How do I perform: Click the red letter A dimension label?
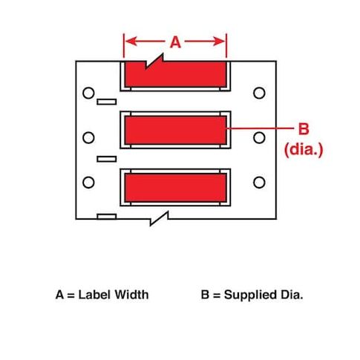[175, 42]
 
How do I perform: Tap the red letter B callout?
[304, 128]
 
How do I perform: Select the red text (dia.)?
[304, 149]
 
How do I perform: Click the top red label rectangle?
[175, 74]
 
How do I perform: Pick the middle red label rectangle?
[175, 130]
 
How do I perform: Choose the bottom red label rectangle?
[175, 188]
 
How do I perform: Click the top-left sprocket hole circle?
[88, 93]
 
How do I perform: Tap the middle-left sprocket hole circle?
[88, 137]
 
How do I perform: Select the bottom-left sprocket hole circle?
[88, 183]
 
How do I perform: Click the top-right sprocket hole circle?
[259, 93]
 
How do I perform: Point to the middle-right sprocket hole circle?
[259, 137]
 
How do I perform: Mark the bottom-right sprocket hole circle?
[259, 183]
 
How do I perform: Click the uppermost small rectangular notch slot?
[107, 102]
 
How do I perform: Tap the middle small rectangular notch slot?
[107, 159]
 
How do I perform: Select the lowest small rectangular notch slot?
[107, 217]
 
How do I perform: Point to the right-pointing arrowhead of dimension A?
[219, 42]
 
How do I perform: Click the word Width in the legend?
[131, 295]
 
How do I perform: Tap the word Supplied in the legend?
[250, 295]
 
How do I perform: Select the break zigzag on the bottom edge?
[160, 218]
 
